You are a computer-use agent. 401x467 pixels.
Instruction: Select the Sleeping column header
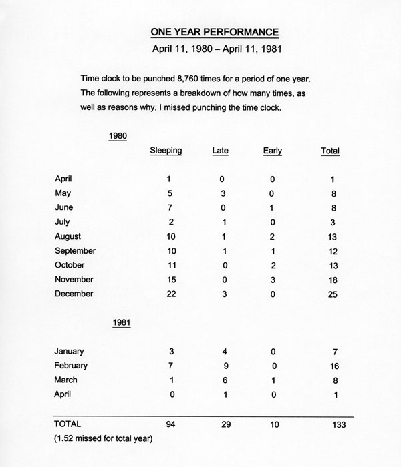(166, 151)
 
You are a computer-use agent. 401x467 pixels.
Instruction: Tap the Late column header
(221, 151)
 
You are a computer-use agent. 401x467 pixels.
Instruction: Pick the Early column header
(273, 151)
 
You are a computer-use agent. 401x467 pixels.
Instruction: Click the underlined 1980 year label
(118, 136)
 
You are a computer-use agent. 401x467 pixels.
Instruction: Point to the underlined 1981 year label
(121, 323)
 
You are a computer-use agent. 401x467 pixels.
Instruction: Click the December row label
(74, 294)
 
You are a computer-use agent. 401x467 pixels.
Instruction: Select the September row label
(75, 251)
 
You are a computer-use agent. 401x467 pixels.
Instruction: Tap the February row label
(72, 366)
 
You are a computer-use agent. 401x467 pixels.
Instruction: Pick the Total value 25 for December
(334, 294)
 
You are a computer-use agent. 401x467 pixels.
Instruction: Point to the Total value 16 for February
(334, 366)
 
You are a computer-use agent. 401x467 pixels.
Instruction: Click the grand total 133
(334, 424)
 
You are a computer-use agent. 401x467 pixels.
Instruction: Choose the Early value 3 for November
(273, 280)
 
